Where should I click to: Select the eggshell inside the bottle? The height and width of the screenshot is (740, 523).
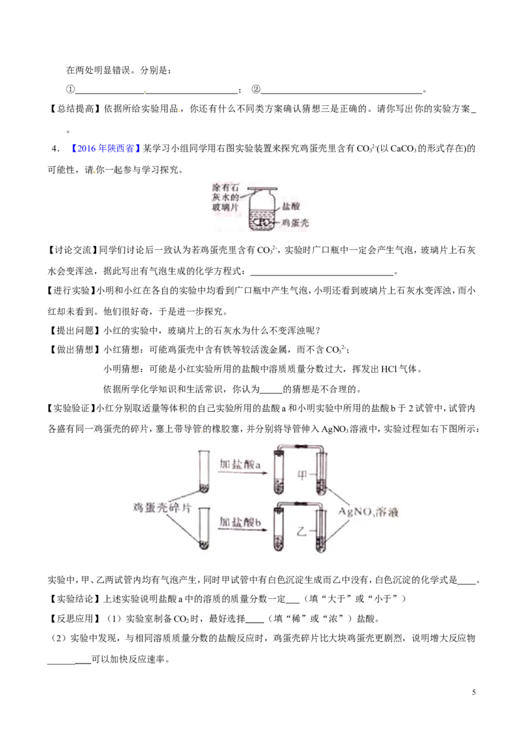pos(261,223)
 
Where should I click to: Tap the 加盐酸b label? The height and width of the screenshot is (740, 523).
pos(240,522)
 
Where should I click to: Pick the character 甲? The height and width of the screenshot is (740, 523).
pos(301,475)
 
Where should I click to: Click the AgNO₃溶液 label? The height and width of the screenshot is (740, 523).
pos(367,513)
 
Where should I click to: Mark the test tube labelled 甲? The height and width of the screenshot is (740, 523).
pos(320,473)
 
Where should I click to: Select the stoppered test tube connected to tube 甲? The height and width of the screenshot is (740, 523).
pos(279,471)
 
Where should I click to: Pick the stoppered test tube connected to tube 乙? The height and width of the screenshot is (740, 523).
pos(279,530)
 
